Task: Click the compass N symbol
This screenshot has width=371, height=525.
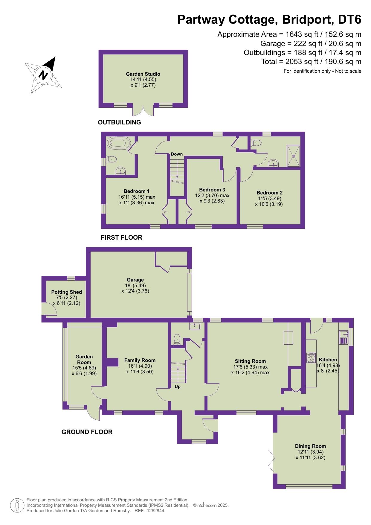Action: coord(44,74)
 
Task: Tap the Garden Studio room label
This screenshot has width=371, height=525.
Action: coord(143,74)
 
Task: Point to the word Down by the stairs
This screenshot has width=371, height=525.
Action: coord(177,154)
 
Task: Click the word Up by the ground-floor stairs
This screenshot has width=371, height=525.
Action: coord(178,386)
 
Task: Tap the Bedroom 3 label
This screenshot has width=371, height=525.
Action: coord(212,190)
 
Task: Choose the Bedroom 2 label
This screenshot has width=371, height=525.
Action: coord(269,193)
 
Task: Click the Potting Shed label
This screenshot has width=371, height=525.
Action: coord(66,292)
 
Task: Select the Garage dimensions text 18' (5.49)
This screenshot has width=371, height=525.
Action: coord(135,285)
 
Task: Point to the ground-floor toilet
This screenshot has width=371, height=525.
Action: coord(177,340)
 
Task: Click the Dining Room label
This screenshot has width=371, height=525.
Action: coord(310,446)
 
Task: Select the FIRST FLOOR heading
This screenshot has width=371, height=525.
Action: coord(121,238)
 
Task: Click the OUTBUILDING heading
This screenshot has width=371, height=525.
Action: coord(119,122)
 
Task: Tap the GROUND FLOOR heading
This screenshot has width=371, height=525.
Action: coord(87,432)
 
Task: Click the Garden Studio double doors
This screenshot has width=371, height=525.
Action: coord(143,110)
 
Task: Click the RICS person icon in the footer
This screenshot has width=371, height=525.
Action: coord(17,505)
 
